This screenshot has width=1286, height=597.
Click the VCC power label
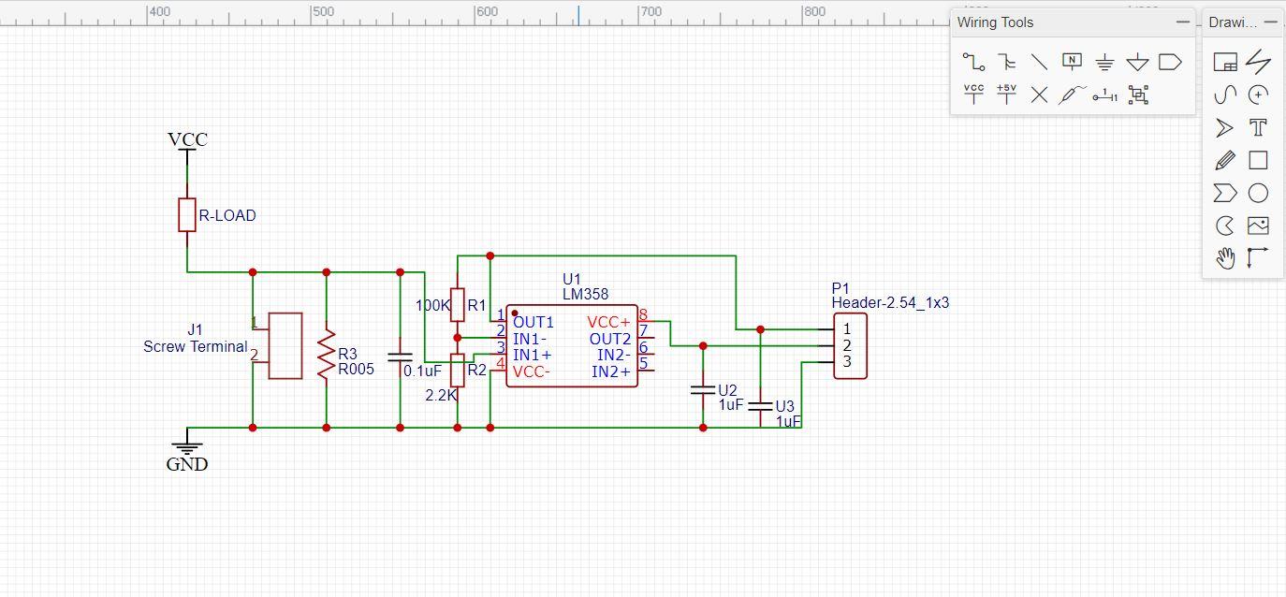point(187,139)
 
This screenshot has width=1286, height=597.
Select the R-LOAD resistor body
point(187,214)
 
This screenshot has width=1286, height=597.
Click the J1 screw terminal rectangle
point(285,345)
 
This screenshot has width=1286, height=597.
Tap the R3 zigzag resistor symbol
point(326,354)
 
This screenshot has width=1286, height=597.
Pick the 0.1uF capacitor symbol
point(400,357)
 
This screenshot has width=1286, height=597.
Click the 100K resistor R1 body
point(458,304)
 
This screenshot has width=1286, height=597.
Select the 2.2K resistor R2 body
point(458,371)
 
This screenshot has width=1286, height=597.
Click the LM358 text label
point(585,294)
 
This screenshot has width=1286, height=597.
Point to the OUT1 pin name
point(533,322)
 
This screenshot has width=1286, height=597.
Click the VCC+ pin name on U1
point(608,322)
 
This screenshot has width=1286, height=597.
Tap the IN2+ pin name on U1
point(611,372)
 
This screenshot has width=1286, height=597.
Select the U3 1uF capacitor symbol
point(760,405)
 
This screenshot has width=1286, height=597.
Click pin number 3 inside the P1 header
point(847,361)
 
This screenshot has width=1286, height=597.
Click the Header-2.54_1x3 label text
point(890,303)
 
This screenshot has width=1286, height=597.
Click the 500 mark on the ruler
point(323,12)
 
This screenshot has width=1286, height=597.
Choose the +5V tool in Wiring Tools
point(1006,94)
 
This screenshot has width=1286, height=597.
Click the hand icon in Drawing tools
point(1225,257)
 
